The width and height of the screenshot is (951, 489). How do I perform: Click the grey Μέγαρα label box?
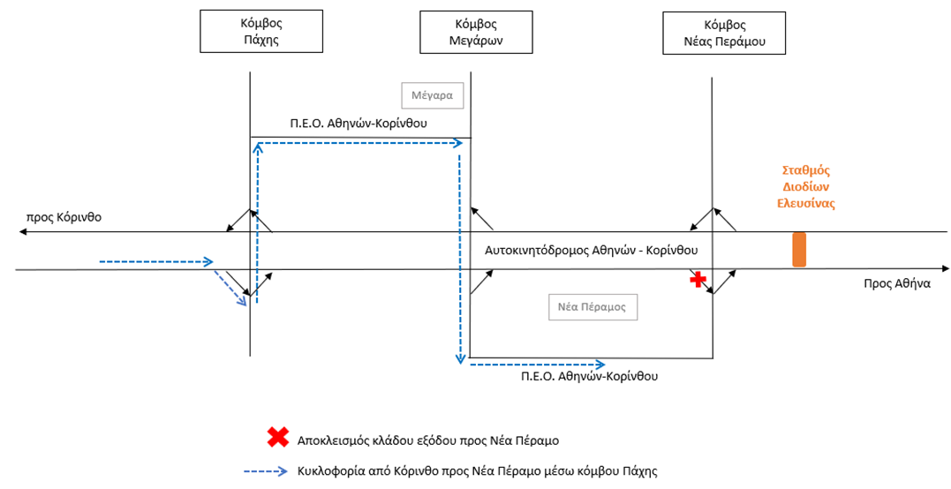coord(432,94)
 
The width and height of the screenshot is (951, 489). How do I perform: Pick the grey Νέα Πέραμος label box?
coord(592,307)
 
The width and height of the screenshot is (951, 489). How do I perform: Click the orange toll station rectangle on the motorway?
coord(799,249)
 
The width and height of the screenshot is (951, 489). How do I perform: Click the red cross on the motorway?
coord(699,279)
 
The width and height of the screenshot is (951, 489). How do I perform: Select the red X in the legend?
coord(278,437)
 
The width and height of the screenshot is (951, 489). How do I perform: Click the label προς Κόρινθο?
coord(64,214)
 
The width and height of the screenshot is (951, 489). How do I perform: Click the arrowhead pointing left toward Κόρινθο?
coord(23,232)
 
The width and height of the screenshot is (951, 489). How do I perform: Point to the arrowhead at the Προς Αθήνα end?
coord(944,268)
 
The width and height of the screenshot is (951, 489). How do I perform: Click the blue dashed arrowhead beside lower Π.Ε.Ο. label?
coord(600,363)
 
